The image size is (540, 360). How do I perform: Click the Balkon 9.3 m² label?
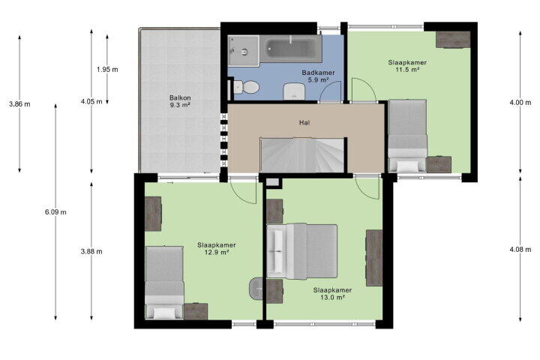coord(180,101)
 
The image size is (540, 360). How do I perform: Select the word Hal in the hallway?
coord(304,122)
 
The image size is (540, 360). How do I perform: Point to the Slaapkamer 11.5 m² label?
coord(407,66)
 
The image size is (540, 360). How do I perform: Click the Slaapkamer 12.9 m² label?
coord(216,248)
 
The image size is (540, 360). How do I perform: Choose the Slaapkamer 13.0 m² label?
coord(332,293)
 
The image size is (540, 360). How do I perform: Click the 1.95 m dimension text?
coord(107,69)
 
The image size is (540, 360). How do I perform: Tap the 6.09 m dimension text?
coord(55,211)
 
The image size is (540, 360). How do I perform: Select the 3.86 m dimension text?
coord(19,103)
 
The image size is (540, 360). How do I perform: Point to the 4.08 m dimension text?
coord(520,249)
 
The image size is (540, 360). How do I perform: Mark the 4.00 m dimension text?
coord(520,102)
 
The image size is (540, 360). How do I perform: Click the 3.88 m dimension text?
coord(91,251)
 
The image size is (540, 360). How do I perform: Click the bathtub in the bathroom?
coord(291,49)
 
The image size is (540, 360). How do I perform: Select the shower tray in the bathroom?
coord(243,51)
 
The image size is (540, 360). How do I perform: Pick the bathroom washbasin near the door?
coord(294,91)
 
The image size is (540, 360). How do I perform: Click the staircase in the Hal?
coord(302,154)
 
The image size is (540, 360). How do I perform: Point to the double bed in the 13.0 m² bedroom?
coord(301,251)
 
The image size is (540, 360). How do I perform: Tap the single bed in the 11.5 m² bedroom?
coord(407,136)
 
